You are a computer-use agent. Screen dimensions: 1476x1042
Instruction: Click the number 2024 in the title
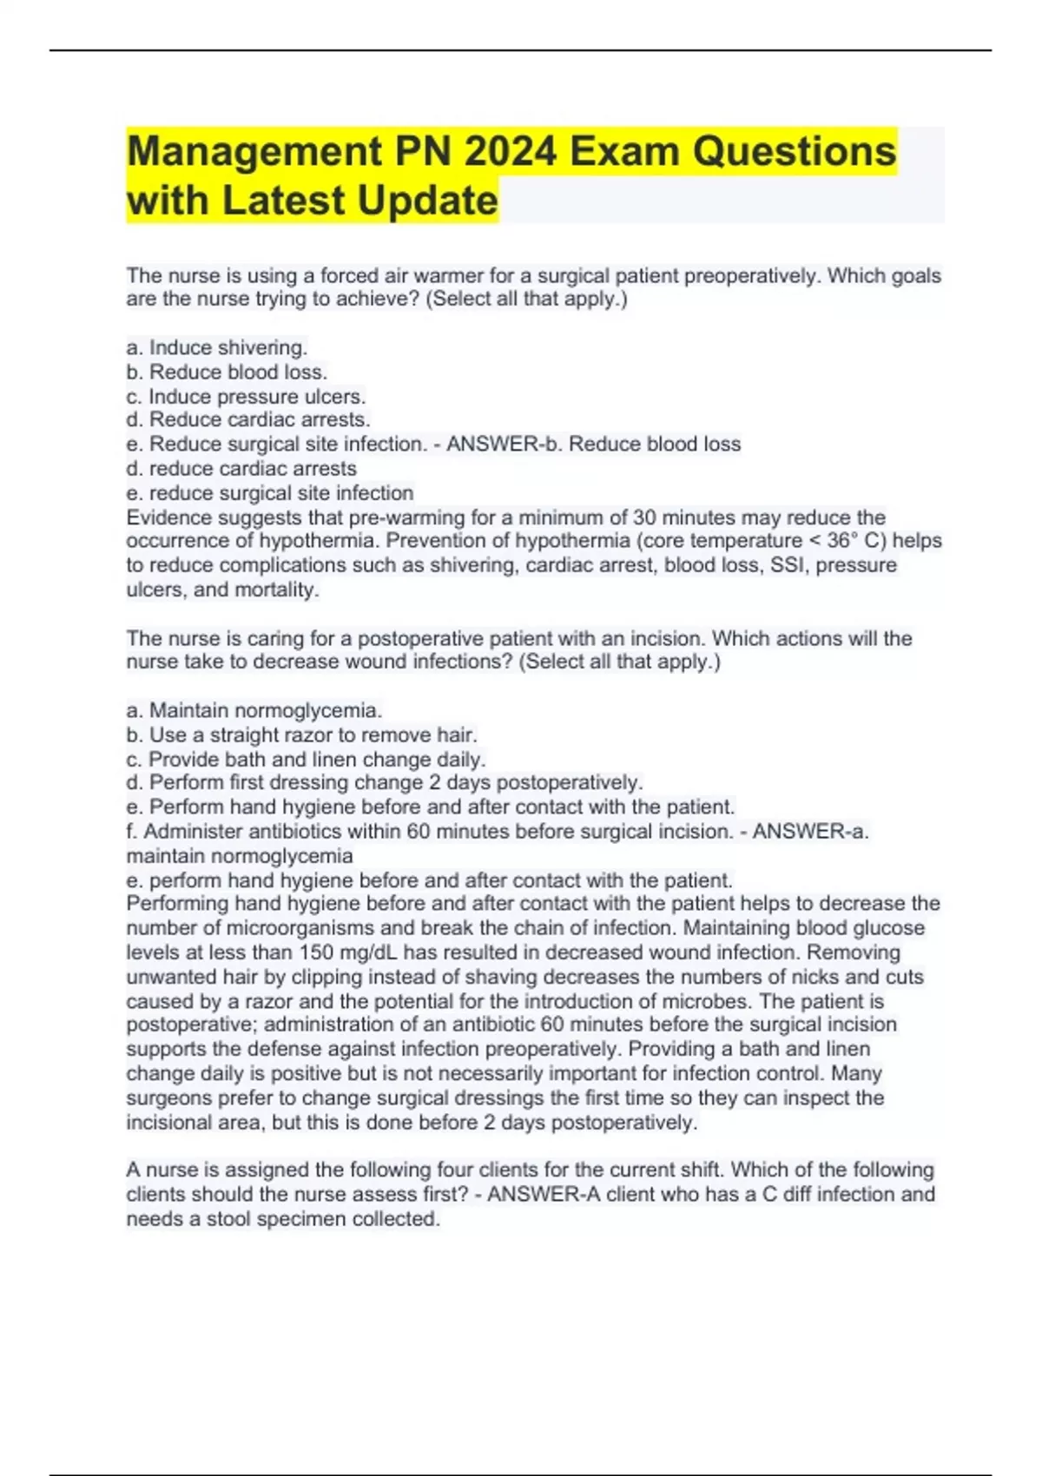pos(511,152)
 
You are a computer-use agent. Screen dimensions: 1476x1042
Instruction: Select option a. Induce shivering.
pos(217,348)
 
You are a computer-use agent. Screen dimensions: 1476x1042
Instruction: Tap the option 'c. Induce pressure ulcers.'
pos(246,397)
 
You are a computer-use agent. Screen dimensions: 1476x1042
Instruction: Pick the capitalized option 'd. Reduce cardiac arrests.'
pos(248,420)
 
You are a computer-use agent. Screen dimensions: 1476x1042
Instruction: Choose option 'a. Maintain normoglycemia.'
pos(254,710)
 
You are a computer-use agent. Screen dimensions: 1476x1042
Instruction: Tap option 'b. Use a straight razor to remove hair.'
pos(301,735)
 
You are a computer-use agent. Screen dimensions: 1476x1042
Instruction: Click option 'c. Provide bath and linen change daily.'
pos(306,759)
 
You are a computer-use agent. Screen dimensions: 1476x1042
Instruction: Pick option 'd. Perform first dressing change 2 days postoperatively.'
pos(385,782)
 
